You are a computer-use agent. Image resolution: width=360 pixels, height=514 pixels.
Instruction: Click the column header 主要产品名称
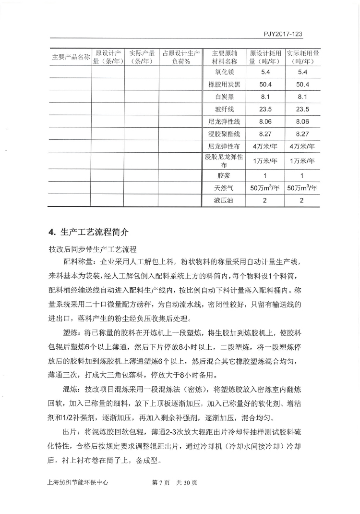point(71,57)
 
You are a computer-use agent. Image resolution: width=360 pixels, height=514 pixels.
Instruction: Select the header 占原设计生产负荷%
point(180,57)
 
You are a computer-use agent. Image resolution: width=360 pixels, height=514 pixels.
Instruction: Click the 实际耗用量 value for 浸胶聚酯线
point(302,134)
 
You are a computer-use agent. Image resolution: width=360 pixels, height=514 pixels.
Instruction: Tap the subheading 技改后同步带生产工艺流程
point(93,249)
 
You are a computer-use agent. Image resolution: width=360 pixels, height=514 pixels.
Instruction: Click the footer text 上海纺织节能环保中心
point(75,483)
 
